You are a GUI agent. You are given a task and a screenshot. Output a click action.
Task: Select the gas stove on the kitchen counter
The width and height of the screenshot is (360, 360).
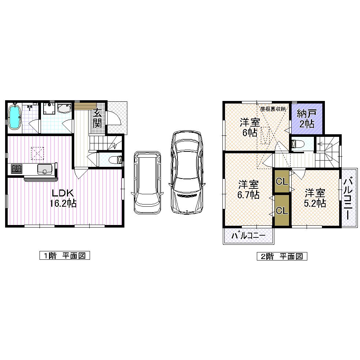coord(16,169)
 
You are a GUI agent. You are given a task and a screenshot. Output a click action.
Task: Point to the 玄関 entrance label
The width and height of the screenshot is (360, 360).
coord(97,118)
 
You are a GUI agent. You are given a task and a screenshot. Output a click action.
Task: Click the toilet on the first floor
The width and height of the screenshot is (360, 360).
coord(116,160)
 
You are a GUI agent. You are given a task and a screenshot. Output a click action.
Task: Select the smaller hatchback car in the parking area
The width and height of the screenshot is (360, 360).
coord(147,182)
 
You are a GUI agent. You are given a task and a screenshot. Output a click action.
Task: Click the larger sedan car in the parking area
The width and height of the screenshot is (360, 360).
coord(187,171)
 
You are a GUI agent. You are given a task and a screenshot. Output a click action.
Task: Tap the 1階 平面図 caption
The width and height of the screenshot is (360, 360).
coord(64,255)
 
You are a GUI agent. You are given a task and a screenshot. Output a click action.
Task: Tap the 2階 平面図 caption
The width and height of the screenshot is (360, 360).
coord(281,256)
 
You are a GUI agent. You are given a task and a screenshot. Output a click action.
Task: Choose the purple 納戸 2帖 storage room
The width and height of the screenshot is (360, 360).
coord(307,119)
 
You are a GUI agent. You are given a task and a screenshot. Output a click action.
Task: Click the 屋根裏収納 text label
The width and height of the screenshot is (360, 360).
coord(273,109)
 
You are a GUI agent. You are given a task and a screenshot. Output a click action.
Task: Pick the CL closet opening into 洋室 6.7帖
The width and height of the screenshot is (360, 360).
coord(282,211)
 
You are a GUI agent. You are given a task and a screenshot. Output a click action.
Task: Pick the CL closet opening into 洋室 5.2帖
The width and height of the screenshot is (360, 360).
coord(282,181)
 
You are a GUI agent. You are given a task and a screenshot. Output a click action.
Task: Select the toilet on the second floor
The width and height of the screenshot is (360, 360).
coord(297,144)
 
